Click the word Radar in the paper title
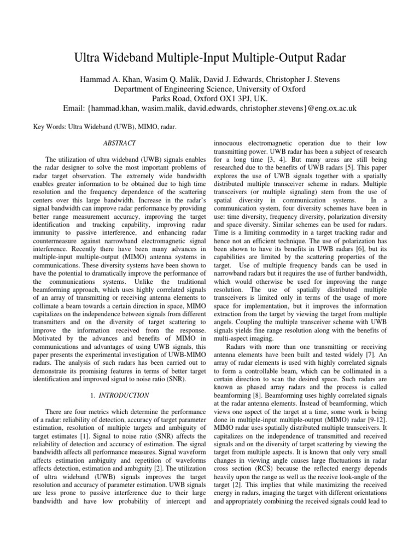click(x=327, y=56)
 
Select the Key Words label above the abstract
click(x=45, y=126)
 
